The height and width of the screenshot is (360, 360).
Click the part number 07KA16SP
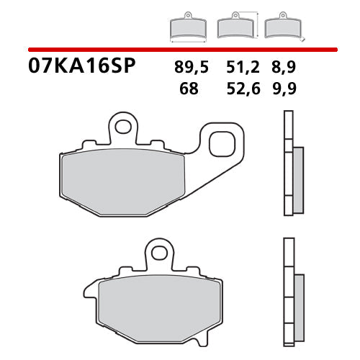81,68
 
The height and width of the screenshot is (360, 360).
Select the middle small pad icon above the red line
235,27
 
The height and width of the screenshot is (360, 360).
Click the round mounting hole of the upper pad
123,128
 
